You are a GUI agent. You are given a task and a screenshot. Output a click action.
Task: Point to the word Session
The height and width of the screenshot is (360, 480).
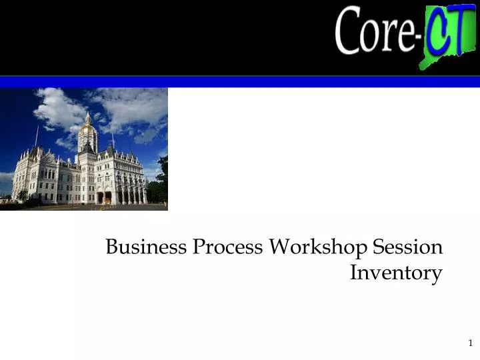click(408, 247)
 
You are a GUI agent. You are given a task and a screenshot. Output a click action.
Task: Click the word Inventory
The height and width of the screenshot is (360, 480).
click(396, 273)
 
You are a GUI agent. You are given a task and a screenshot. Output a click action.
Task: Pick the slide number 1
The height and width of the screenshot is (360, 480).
click(470, 343)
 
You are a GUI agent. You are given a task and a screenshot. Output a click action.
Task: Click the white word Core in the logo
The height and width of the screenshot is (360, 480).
click(375, 32)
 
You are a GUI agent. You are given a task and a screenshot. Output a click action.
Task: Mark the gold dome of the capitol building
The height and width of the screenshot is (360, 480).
click(87, 128)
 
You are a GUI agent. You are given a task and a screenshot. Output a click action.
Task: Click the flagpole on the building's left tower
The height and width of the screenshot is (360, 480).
click(37, 137)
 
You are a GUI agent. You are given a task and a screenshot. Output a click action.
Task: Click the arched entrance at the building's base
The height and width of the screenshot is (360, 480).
click(100, 197)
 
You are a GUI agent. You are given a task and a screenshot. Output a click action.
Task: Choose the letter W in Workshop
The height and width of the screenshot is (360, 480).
click(281, 247)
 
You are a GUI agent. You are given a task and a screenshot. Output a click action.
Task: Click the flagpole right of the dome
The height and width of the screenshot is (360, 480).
click(112, 139)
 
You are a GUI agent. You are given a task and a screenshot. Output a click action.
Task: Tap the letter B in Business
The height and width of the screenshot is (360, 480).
click(112, 247)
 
